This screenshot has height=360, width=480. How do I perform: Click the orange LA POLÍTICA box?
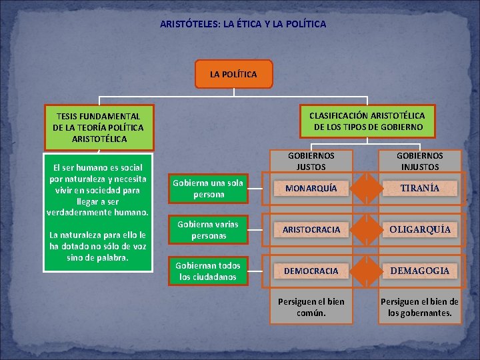pyautogui.click(x=233, y=74)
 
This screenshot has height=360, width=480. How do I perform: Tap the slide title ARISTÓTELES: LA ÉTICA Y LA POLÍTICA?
pyautogui.click(x=243, y=24)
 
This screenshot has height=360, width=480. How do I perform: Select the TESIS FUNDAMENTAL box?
pyautogui.click(x=98, y=127)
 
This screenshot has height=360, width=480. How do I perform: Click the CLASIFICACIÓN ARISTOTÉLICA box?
pyautogui.click(x=367, y=121)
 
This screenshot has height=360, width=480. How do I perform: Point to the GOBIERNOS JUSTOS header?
pyautogui.click(x=311, y=161)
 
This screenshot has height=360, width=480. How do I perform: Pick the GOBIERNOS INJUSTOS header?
pyautogui.click(x=420, y=161)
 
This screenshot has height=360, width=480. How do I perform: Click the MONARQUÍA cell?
pyautogui.click(x=311, y=189)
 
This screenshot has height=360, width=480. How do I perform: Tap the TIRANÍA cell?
pyautogui.click(x=420, y=189)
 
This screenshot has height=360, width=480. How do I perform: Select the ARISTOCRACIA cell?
pyautogui.click(x=311, y=229)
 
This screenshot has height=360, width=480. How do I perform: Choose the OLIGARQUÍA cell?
pyautogui.click(x=420, y=229)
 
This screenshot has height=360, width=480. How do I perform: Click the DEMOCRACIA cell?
pyautogui.click(x=311, y=271)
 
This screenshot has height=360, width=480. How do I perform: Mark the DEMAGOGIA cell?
pyautogui.click(x=420, y=271)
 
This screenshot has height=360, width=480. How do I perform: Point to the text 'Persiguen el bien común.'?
pyautogui.click(x=311, y=306)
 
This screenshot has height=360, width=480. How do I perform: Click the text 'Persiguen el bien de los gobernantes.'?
pyautogui.click(x=420, y=306)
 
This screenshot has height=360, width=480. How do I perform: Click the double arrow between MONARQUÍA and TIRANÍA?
pyautogui.click(x=365, y=189)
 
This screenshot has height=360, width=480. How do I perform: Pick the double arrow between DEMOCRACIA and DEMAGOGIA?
pyautogui.click(x=365, y=271)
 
